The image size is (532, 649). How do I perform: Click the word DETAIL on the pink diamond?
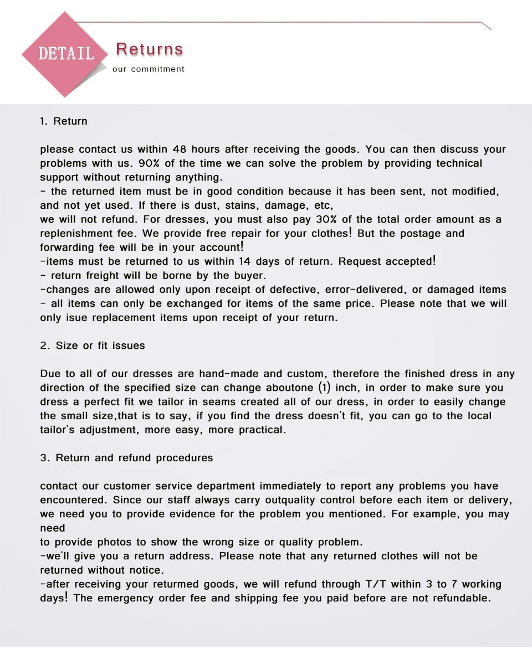[65, 54]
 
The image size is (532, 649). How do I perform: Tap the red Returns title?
[149, 49]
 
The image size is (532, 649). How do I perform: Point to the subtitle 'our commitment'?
[149, 69]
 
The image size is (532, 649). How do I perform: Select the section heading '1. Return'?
[64, 121]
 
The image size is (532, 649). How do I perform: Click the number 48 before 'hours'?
[179, 150]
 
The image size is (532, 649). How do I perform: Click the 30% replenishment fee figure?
[327, 219]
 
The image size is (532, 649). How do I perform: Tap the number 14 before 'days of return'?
[244, 261]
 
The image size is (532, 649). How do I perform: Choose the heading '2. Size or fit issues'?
[93, 346]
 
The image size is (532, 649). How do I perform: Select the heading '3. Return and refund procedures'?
[126, 458]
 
